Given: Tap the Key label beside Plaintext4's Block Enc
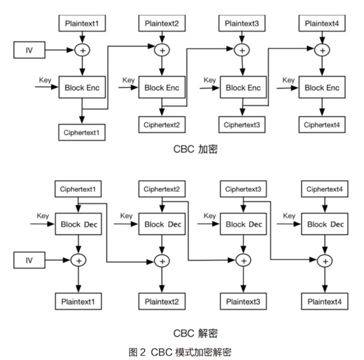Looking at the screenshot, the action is (289, 80).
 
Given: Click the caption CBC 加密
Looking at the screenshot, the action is (195, 149).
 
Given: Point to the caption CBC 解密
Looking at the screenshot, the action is (195, 334).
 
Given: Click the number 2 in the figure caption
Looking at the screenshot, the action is (142, 352).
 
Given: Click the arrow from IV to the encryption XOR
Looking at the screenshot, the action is (60, 50).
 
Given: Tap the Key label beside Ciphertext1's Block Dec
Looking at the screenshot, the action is (43, 216).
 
